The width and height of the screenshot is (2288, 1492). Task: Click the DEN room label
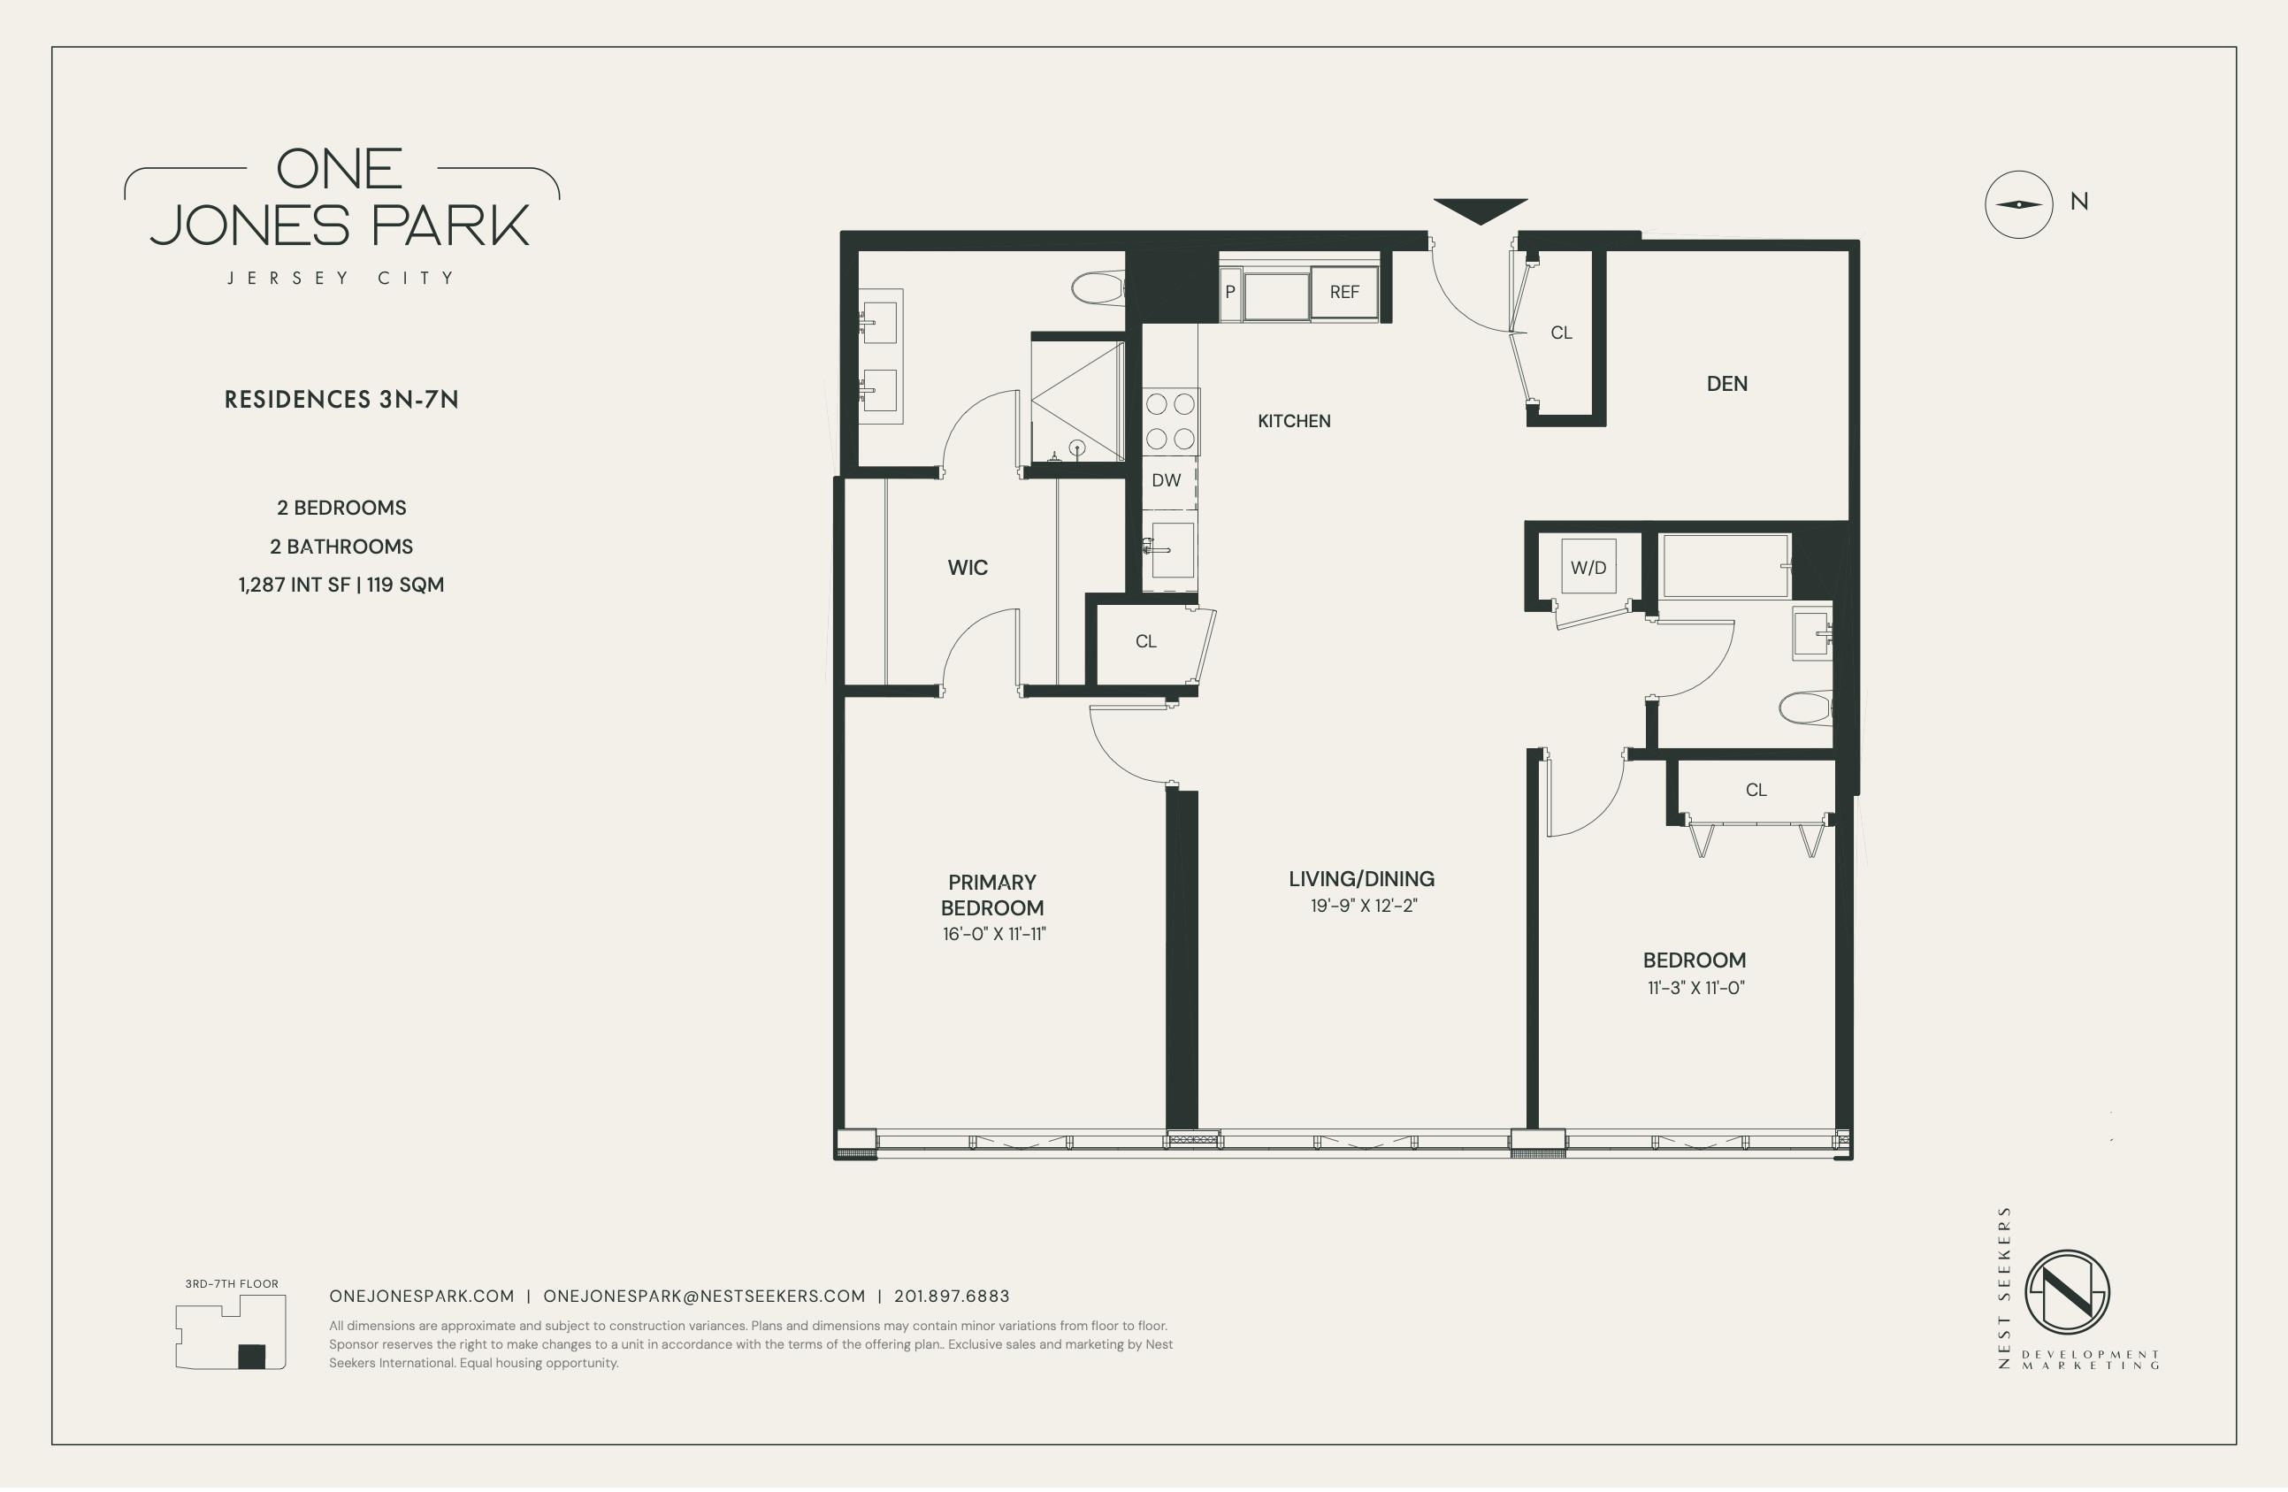pyautogui.click(x=1726, y=384)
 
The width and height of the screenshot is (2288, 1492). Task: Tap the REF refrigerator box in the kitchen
pyautogui.click(x=1344, y=292)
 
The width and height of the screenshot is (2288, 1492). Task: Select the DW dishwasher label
pyautogui.click(x=1167, y=480)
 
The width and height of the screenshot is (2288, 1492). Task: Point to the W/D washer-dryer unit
pyautogui.click(x=1588, y=567)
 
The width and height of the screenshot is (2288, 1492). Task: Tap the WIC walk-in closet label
pyautogui.click(x=967, y=568)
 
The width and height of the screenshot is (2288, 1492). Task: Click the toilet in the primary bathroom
pyautogui.click(x=1098, y=287)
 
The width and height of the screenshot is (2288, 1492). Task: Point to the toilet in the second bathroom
pyautogui.click(x=1805, y=709)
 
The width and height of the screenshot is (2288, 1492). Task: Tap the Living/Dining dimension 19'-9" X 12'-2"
pyautogui.click(x=1363, y=906)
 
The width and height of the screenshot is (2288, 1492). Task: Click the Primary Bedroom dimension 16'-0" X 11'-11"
pyautogui.click(x=994, y=933)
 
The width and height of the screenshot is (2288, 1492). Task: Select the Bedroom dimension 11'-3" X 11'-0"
pyautogui.click(x=1695, y=987)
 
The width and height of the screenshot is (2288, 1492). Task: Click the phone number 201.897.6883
pyautogui.click(x=952, y=1296)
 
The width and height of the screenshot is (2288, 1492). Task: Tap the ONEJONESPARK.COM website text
pyautogui.click(x=422, y=1296)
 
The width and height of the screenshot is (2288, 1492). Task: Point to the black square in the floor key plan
pyautogui.click(x=251, y=1356)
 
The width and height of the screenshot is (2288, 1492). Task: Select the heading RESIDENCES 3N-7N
pyautogui.click(x=341, y=400)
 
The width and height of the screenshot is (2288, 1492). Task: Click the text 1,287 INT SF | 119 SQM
pyautogui.click(x=341, y=585)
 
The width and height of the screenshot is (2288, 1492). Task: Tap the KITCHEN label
pyautogui.click(x=1294, y=421)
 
